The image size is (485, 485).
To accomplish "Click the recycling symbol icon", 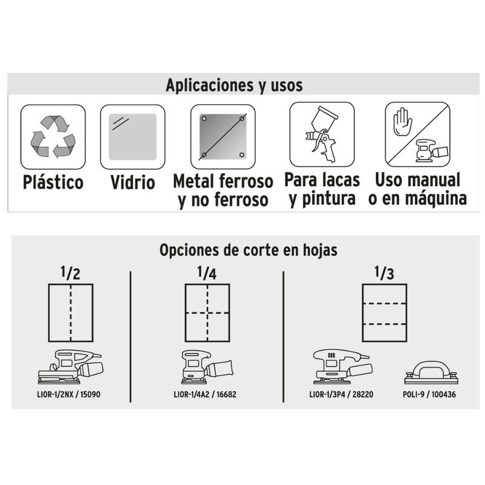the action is (x=53, y=137).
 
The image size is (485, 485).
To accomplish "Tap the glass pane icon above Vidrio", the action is (x=133, y=137).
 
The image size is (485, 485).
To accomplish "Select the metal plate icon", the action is (x=222, y=137).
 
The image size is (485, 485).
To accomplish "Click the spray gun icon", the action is (x=321, y=134).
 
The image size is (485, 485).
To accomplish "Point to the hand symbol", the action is (x=403, y=122).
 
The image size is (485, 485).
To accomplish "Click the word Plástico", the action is (x=53, y=182).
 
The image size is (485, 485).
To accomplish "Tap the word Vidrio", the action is (x=133, y=182).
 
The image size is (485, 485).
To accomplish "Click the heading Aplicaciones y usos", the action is (x=234, y=85).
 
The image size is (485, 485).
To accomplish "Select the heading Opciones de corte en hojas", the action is (x=249, y=250).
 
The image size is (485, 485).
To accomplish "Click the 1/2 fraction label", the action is (x=70, y=273).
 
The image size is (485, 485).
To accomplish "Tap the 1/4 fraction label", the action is (x=207, y=273).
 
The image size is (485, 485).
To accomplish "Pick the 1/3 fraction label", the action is (x=384, y=273).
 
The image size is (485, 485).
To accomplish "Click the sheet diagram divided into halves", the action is (x=71, y=313).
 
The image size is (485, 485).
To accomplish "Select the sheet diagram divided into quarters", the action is (x=207, y=313).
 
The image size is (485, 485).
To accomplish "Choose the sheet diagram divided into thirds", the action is (x=384, y=313).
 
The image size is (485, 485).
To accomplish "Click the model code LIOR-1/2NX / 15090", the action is (x=69, y=395).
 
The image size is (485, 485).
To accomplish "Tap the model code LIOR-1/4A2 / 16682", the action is (x=205, y=395).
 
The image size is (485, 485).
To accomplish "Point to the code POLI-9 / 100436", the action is (x=429, y=395).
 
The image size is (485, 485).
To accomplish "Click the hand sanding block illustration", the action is (x=431, y=372).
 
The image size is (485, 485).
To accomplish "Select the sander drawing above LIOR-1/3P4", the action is (x=342, y=367).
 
